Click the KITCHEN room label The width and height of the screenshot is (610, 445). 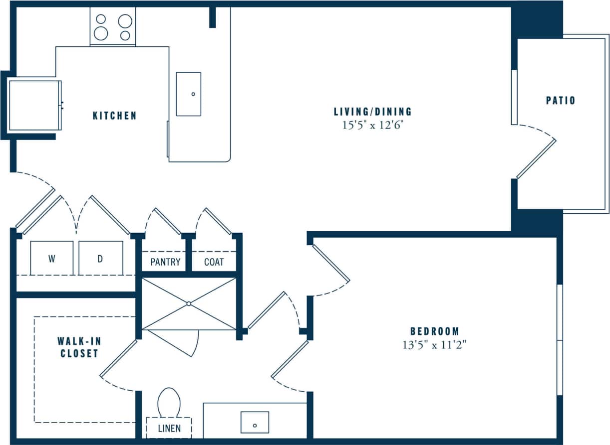pos(114,116)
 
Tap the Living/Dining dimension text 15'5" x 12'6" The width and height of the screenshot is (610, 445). pos(372,126)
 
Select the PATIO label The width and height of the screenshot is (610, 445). pos(560,101)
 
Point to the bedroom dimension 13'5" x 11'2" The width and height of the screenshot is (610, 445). pos(434,344)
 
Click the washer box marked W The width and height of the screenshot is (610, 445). pos(51,259)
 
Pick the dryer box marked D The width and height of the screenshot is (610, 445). pos(100,259)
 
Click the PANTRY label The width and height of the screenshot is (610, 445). pos(165,262)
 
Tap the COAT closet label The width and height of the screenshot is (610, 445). pos(214,262)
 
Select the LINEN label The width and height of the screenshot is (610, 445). pos(169,428)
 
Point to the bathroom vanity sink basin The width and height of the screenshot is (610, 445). pos(255,422)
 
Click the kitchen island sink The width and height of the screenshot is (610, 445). pos(189,94)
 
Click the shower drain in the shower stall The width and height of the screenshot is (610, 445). pos(189,303)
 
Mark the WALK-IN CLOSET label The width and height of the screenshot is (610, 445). pos(77,347)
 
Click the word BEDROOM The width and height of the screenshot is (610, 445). pos(434,331)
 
